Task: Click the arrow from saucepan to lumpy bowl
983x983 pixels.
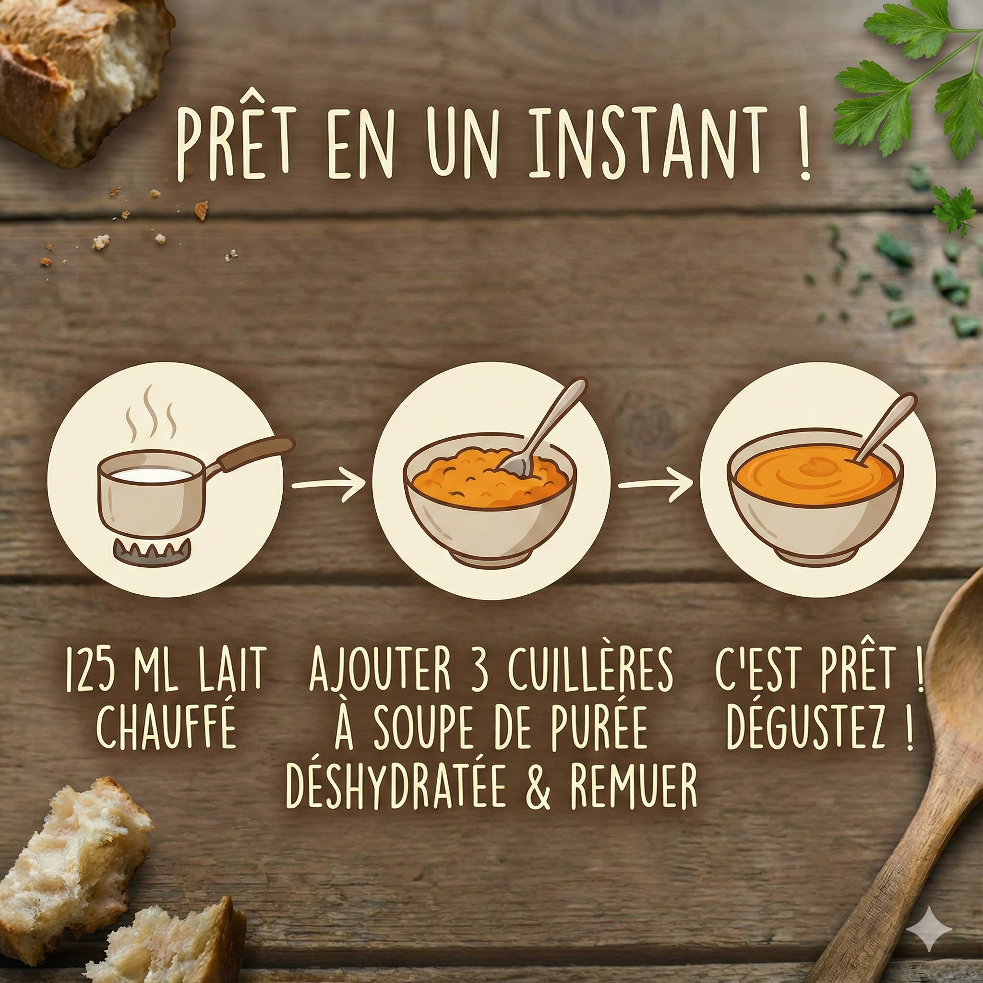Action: (x=329, y=484)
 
